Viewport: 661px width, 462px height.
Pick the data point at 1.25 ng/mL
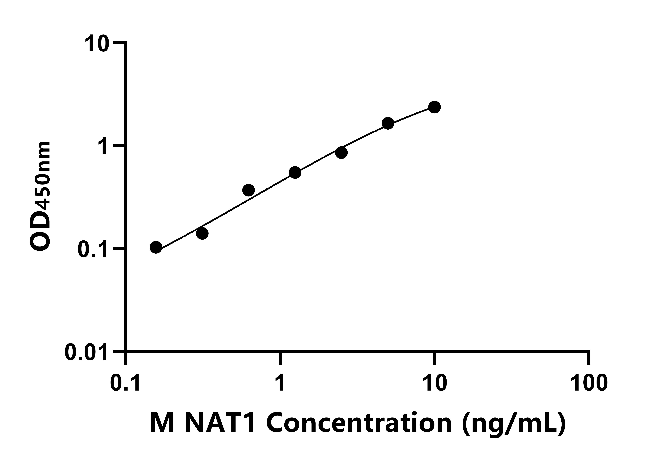click(295, 172)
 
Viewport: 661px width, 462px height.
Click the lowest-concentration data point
click(156, 247)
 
